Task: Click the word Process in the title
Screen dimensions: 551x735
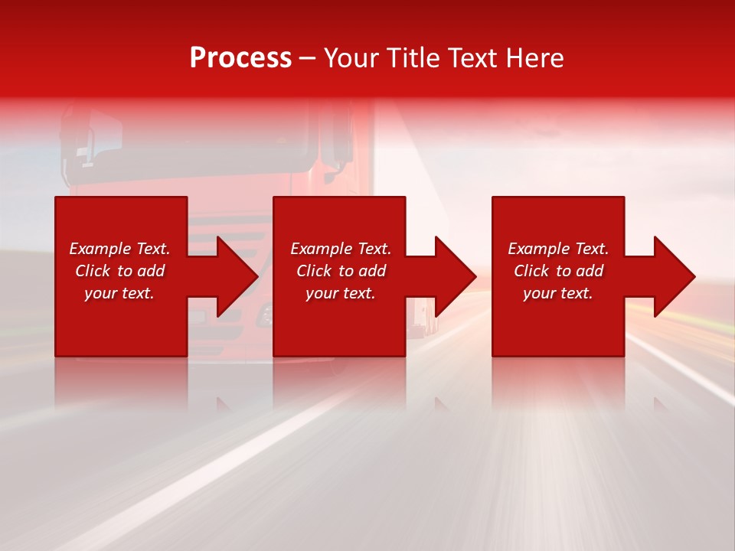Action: (240, 58)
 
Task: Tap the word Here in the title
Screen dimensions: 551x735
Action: (533, 58)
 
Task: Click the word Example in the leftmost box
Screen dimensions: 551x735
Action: (100, 249)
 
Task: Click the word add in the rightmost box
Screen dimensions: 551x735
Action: (590, 271)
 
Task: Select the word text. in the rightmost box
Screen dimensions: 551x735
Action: (578, 293)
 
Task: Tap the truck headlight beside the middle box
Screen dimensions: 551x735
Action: (266, 312)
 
